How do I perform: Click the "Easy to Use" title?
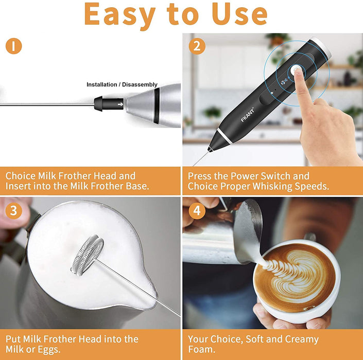coord(176,14)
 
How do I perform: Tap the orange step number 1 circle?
coord(13,46)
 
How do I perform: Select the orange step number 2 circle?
coord(196,46)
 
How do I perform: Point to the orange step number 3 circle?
coord(13,210)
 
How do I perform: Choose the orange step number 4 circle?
coord(196,210)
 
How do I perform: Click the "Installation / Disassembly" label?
coord(122,84)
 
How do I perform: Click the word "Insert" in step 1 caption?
coord(19,186)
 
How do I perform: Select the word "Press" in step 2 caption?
coord(201,176)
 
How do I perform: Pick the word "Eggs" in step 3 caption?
coord(50,350)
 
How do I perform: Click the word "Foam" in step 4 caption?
coord(201,350)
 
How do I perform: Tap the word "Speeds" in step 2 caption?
coord(311,186)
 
